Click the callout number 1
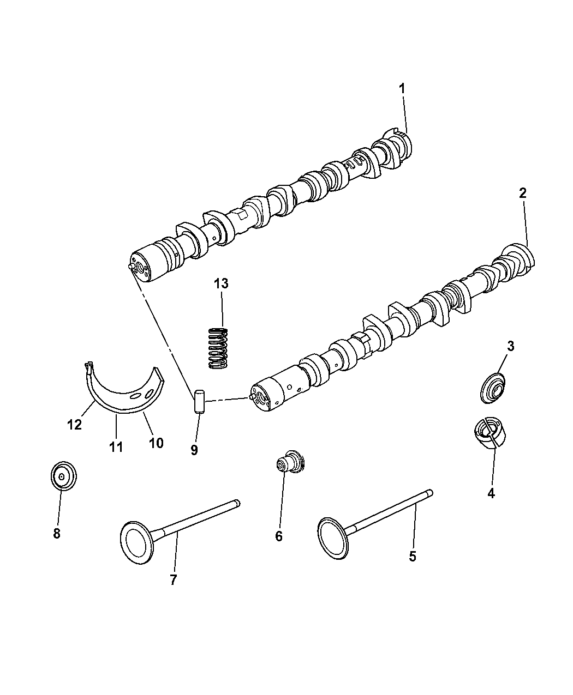pos(402,89)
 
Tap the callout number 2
pos(522,193)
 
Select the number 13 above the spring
pos(221,283)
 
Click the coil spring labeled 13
pos(218,348)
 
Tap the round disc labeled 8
pos(63,476)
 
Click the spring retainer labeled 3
pos(493,389)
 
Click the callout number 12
pos(74,425)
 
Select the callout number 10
pos(156,443)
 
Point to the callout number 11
pos(116,447)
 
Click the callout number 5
pos(413,556)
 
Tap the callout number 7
pos(173,580)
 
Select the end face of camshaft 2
pos(262,398)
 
